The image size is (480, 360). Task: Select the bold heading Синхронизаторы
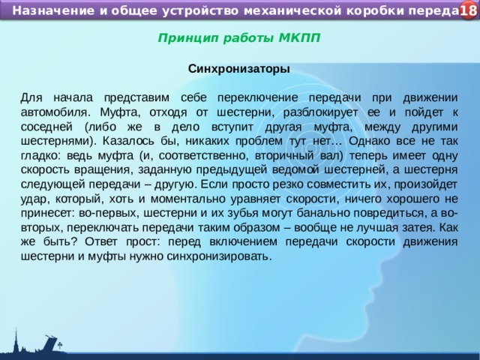click(239, 68)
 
